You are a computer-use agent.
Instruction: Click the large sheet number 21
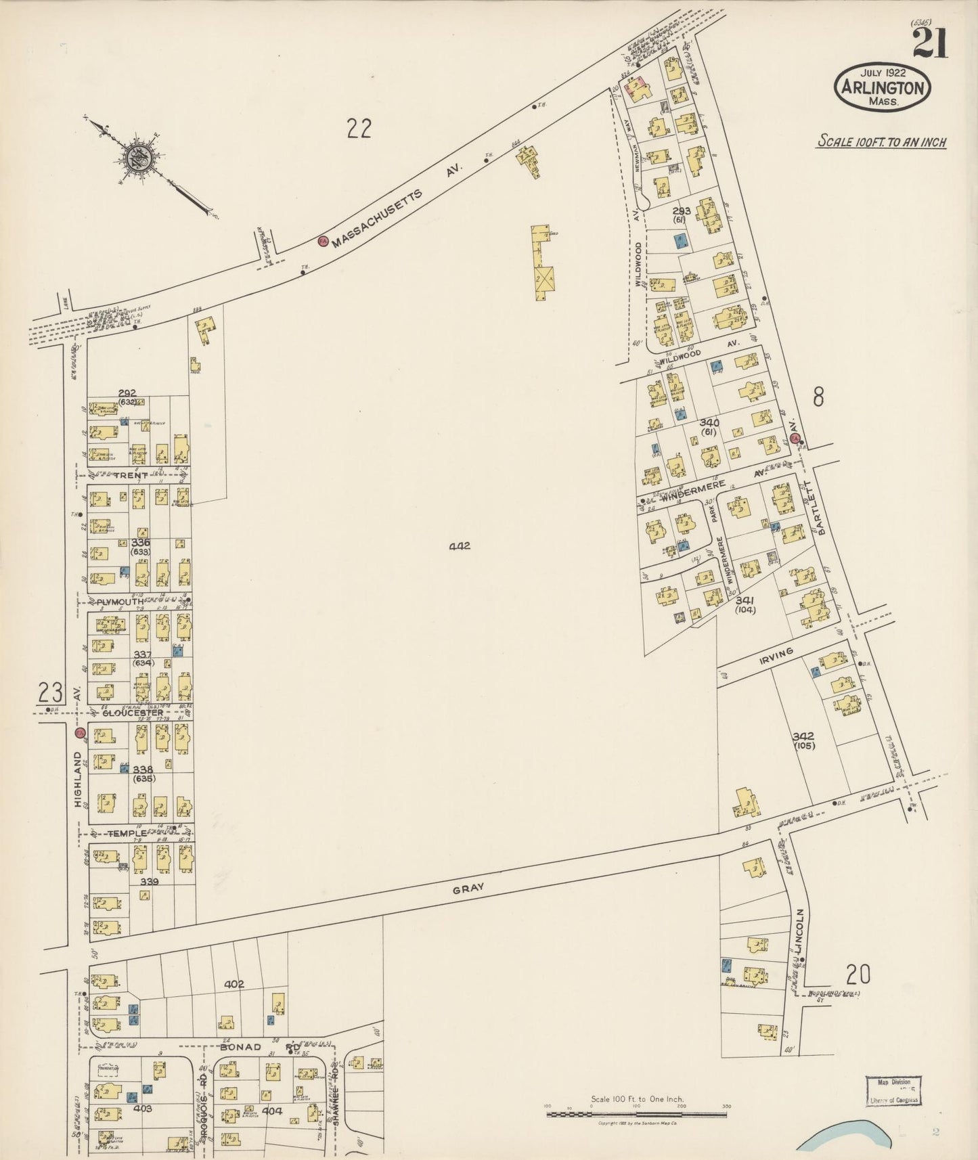pos(930,45)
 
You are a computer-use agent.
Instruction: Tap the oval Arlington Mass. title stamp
pos(882,87)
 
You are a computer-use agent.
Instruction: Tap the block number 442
pos(459,545)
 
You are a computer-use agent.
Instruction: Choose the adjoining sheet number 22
pos(359,127)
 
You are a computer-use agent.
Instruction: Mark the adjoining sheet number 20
pos(858,975)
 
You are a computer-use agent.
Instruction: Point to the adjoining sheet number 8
pos(818,397)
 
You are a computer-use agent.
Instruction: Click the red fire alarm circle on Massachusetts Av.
pos(323,242)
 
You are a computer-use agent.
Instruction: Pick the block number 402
pos(234,984)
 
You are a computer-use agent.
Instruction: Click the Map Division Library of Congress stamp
pos(893,1090)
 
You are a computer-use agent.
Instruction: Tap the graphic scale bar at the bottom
pos(638,1111)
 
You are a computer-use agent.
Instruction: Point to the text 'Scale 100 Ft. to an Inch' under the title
pos(881,143)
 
